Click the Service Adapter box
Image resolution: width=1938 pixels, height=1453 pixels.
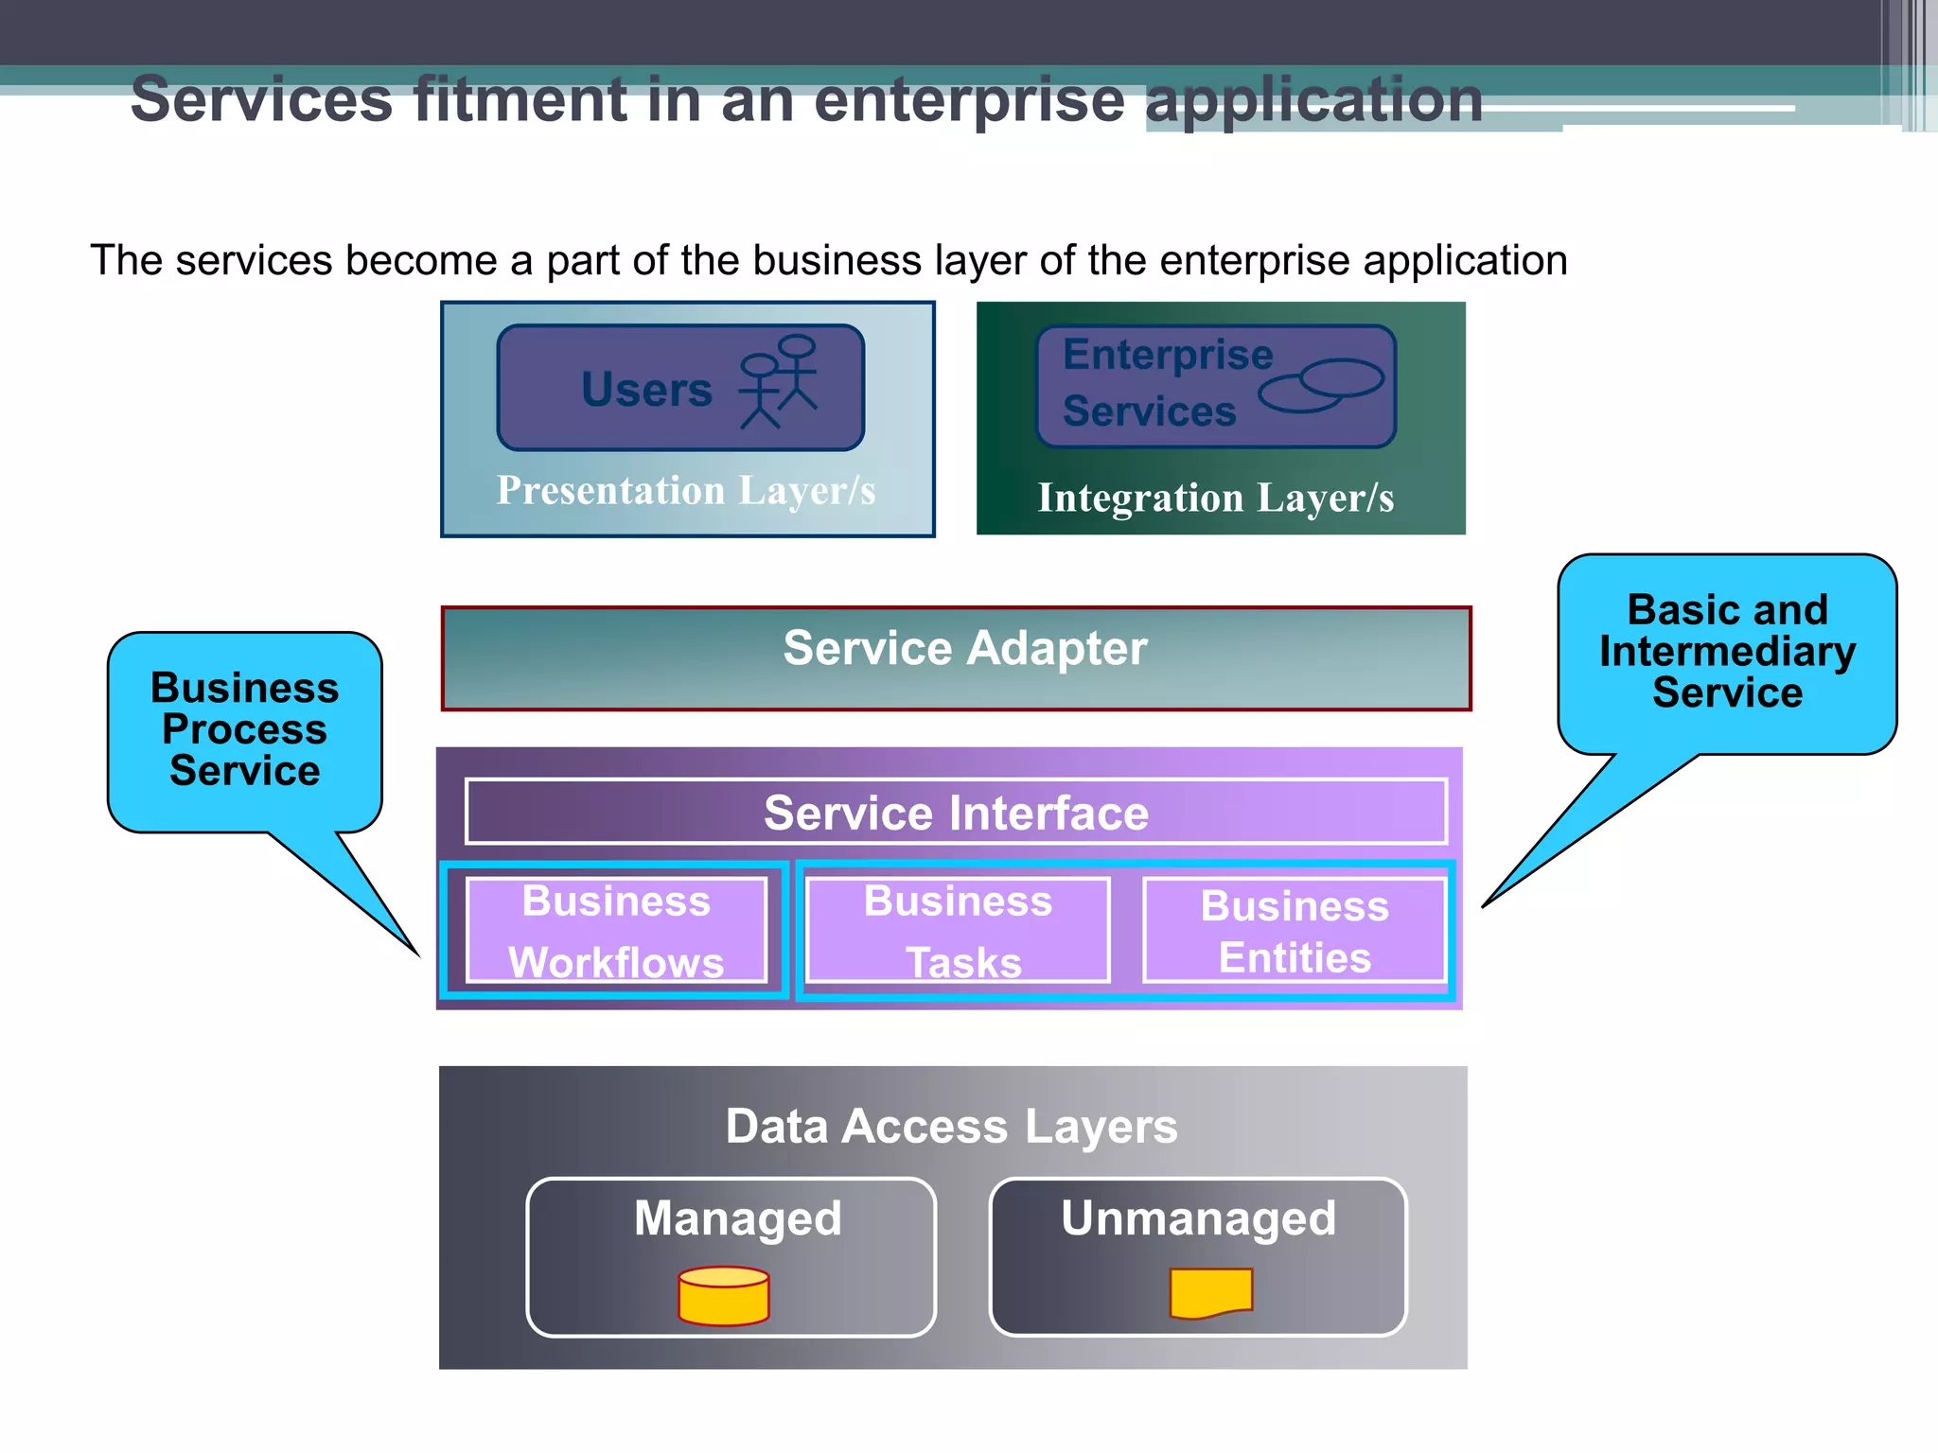tap(956, 658)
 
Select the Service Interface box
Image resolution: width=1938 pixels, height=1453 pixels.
tap(956, 813)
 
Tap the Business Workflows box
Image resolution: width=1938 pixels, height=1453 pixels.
tap(616, 931)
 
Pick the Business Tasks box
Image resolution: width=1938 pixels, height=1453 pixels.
tap(958, 931)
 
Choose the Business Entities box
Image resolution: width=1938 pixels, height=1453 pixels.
tap(1295, 931)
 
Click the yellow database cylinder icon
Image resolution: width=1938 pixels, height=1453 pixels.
tap(724, 1296)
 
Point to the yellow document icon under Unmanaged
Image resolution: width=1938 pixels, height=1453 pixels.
tap(1211, 1293)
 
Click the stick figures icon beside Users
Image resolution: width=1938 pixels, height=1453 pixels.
tap(778, 382)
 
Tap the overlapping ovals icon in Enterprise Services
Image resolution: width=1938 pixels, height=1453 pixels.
tap(1321, 385)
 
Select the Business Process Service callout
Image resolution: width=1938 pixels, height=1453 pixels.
tap(244, 729)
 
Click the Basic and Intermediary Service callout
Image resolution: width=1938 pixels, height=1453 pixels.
tap(1727, 652)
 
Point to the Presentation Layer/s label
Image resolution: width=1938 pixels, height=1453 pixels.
tap(686, 491)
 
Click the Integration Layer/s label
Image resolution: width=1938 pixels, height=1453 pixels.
tap(1216, 498)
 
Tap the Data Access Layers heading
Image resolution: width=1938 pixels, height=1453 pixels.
tap(951, 1127)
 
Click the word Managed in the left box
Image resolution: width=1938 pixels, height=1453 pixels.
tap(737, 1218)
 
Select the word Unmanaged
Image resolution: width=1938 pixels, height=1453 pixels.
tap(1198, 1218)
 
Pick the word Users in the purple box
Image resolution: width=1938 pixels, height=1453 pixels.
tap(646, 390)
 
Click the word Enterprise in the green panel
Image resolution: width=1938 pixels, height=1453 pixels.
tap(1168, 356)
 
